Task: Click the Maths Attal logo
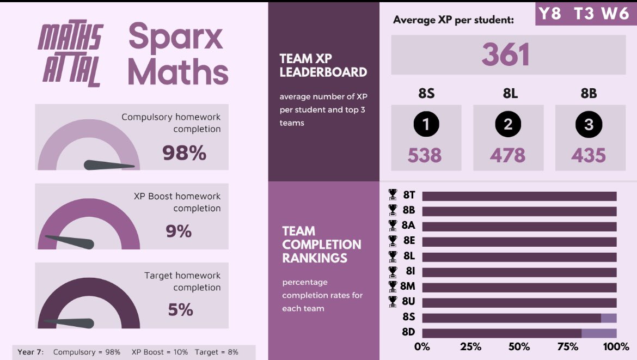point(70,54)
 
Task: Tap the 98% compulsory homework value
point(184,153)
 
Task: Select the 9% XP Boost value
point(179,231)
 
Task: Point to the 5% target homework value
point(180,310)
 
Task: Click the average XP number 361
point(506,55)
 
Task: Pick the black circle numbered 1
point(426,125)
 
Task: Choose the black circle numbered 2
point(508,125)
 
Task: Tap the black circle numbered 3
point(589,125)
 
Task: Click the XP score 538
point(425,156)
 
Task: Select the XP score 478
point(507,156)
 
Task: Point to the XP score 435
point(589,156)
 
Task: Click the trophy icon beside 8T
point(393,195)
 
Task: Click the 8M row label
point(408,286)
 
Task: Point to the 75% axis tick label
point(567,347)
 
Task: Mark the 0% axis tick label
point(422,347)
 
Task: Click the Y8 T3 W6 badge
point(584,13)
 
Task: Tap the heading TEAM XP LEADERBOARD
point(323,65)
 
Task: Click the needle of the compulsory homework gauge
point(109,165)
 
